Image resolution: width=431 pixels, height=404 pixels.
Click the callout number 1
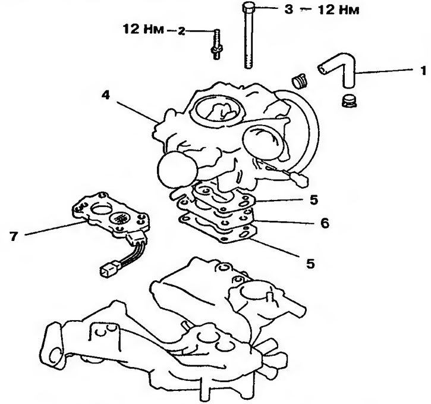tap(423, 71)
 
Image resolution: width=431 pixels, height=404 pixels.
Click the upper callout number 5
tap(313, 199)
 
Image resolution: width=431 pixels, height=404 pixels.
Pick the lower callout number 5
tap(310, 261)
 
